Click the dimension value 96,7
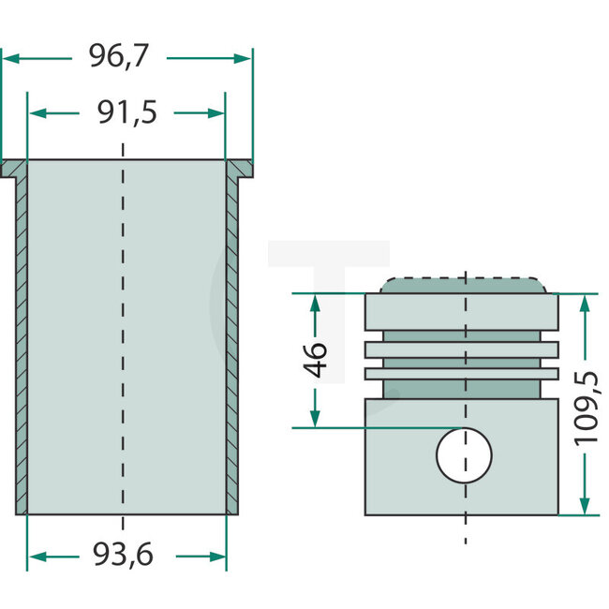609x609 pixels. coord(118,57)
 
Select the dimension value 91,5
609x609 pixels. coord(126,112)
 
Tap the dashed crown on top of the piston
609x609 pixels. coord(464,284)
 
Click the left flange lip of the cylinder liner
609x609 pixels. coord(13,169)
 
